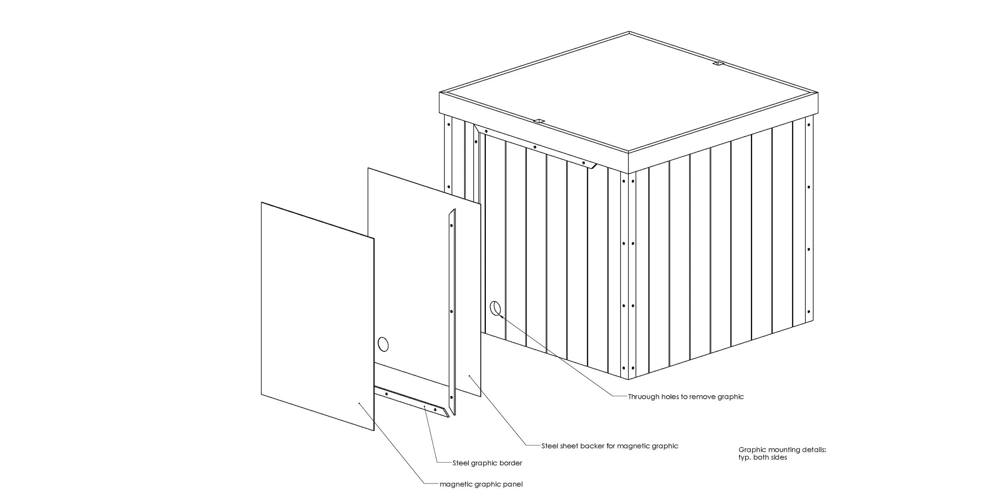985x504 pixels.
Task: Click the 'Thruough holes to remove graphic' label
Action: [686, 397]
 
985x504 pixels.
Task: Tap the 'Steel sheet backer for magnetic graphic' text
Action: [610, 446]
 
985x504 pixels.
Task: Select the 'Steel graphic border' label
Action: [487, 463]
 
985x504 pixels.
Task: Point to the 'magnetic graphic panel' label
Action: [481, 484]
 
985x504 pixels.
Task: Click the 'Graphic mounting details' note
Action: [782, 450]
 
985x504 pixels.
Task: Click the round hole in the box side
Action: [495, 308]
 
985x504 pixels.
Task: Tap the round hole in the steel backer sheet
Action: [107, 344]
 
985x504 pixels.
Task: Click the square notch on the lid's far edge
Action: [718, 63]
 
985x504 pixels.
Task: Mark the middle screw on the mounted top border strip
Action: [535, 147]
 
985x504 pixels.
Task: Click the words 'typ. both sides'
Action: [762, 458]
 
